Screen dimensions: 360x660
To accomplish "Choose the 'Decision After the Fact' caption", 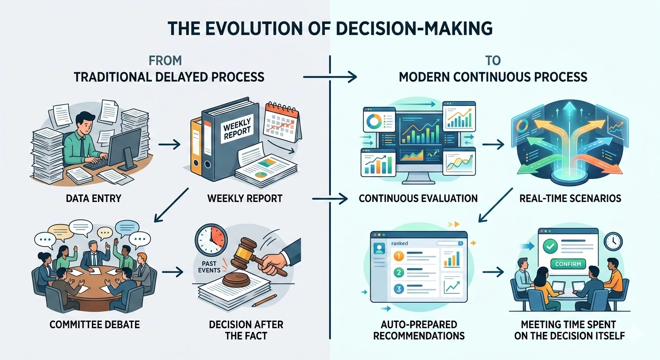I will tap(246, 330).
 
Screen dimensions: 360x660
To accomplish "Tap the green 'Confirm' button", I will tap(568, 264).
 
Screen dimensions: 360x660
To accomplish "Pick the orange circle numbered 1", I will tap(398, 256).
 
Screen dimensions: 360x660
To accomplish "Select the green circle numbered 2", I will tap(398, 272).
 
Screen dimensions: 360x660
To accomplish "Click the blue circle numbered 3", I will tap(398, 289).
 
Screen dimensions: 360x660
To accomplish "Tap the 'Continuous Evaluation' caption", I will tap(418, 198).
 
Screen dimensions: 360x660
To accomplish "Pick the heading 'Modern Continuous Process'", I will tap(493, 76).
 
